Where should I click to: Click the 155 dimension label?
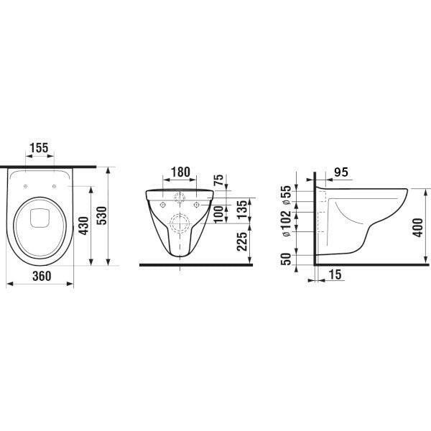tap(39, 148)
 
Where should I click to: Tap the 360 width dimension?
tap(42, 276)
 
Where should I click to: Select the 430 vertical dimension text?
tap(83, 226)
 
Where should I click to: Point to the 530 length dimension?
tap(102, 215)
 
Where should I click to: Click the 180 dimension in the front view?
tap(180, 172)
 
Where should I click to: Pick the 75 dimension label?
tap(219, 180)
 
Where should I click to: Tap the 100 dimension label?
tap(219, 214)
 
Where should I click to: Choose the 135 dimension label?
tap(243, 210)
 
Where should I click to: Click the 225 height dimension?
tap(242, 241)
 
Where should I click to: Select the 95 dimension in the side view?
tap(341, 172)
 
